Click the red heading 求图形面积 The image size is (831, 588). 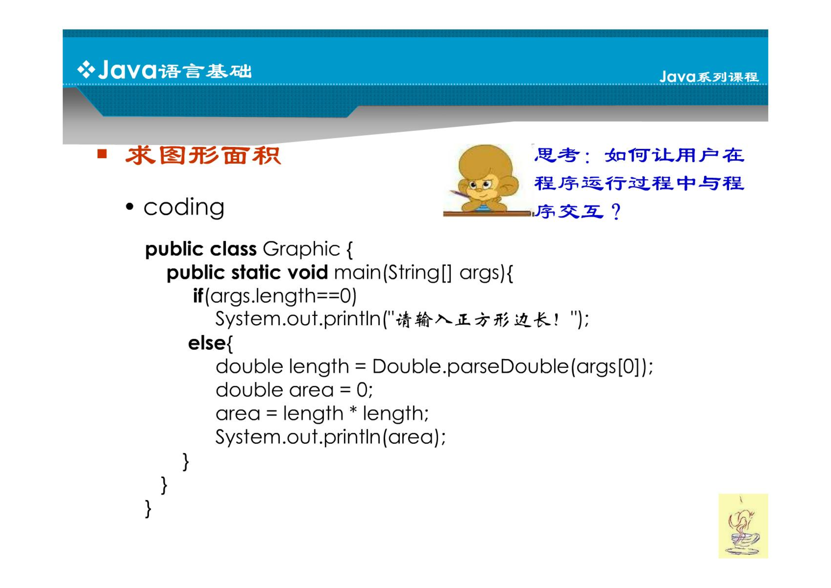point(203,155)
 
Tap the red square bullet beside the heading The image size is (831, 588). point(102,153)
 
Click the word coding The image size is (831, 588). point(184,208)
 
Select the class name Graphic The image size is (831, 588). point(301,249)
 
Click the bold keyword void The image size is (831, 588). point(308,273)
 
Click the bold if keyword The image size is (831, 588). point(198,296)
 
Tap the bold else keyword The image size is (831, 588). point(207,343)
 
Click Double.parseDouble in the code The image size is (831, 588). point(471,367)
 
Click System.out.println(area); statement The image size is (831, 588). point(331,437)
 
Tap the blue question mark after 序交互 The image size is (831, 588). point(616,212)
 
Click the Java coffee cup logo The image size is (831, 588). point(743,526)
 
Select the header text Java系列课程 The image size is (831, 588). point(709,77)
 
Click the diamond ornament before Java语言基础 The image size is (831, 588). point(86,70)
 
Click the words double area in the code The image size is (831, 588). point(275,390)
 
